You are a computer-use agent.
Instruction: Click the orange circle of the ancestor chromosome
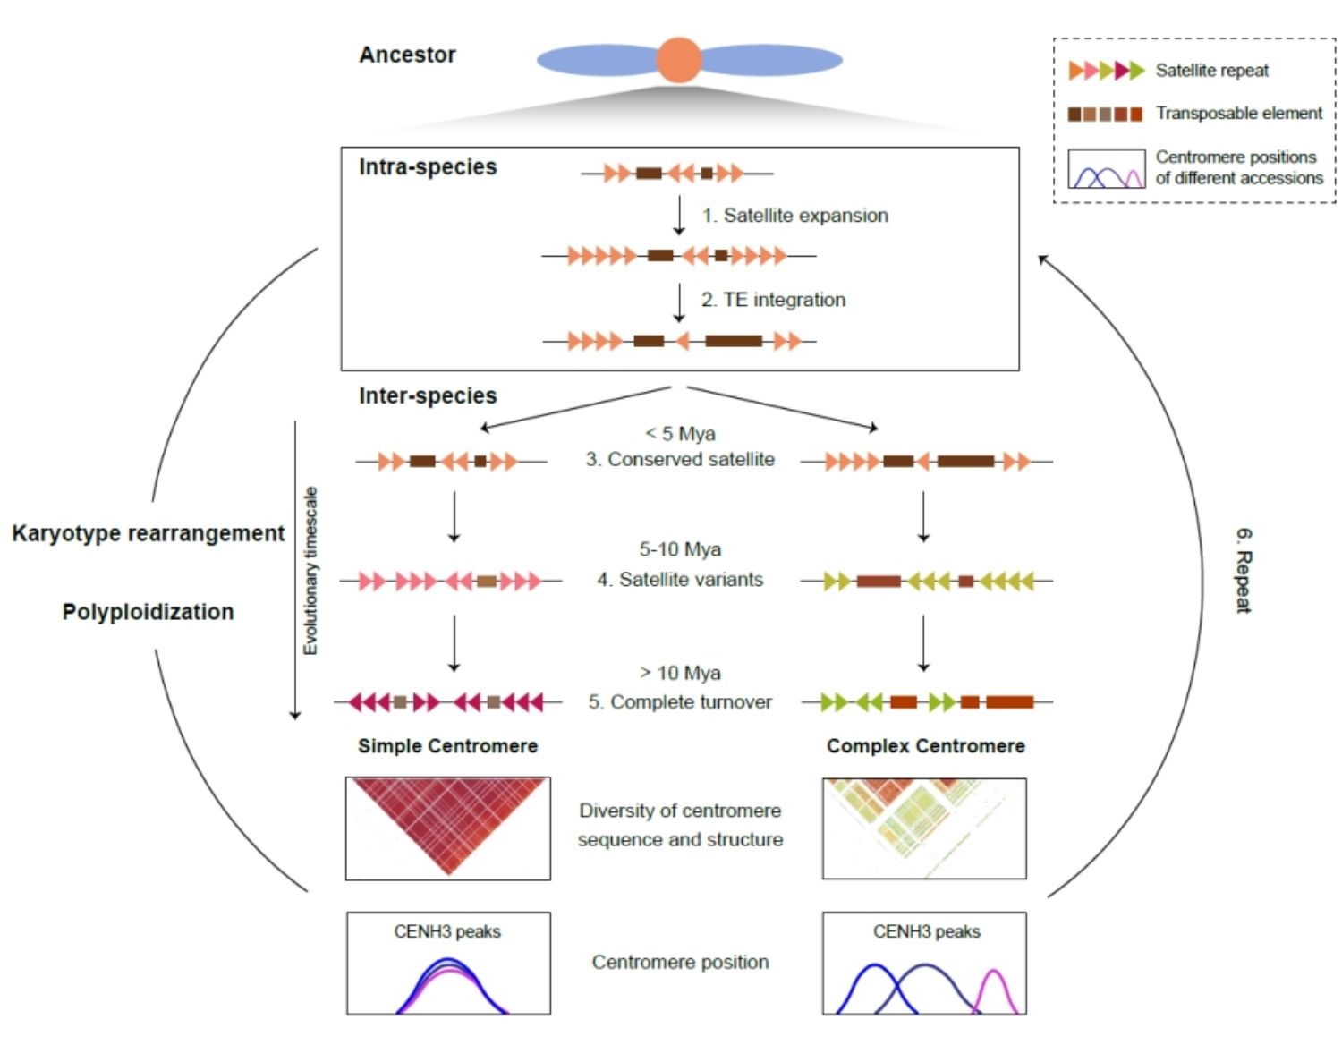click(679, 60)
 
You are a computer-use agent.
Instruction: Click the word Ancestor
click(407, 55)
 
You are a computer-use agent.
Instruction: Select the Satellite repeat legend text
click(1211, 71)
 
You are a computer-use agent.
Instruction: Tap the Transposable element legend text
click(1238, 114)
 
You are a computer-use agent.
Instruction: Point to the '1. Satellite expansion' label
click(794, 216)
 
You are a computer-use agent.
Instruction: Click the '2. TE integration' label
click(773, 300)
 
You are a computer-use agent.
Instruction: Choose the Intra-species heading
click(428, 167)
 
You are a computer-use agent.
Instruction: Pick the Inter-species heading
click(428, 395)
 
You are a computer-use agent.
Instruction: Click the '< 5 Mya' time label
click(680, 434)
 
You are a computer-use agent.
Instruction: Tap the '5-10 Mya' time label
click(680, 549)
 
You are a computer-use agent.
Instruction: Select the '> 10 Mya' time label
click(680, 673)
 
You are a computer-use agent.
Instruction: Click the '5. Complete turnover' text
click(680, 702)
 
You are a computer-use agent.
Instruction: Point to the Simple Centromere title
click(447, 746)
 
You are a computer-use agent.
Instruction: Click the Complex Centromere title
click(925, 746)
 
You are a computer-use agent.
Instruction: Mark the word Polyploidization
click(148, 612)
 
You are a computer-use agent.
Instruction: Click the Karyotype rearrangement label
click(148, 533)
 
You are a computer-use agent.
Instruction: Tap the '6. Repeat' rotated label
click(1244, 570)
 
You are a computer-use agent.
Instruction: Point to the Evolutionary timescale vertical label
click(310, 570)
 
